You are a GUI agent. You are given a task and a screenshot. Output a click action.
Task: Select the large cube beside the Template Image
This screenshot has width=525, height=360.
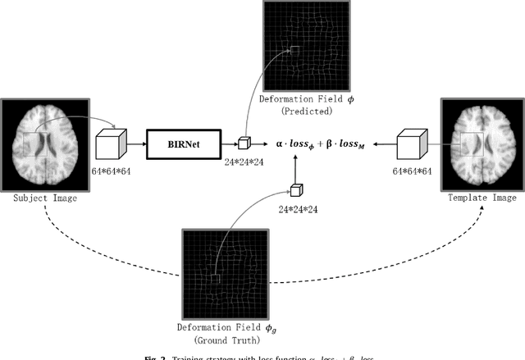pos(411,146)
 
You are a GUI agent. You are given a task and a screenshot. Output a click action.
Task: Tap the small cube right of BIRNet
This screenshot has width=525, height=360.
pos(244,144)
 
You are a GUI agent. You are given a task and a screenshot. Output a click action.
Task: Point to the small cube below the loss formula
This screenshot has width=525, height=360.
pos(295,190)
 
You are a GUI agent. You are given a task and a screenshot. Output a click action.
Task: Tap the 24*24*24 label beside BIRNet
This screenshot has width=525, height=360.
pos(244,161)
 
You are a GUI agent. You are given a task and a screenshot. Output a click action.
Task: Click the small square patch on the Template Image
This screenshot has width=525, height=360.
pos(472,144)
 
